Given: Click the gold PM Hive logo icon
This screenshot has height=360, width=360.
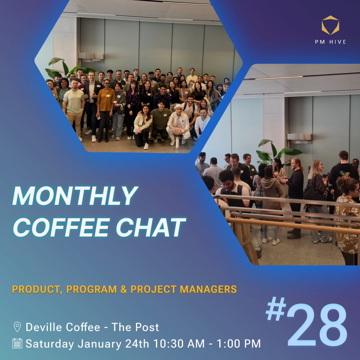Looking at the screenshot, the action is point(330,25).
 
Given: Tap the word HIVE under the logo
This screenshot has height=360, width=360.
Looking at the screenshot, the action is point(338,42).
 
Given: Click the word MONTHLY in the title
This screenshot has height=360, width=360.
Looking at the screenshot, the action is point(75,196).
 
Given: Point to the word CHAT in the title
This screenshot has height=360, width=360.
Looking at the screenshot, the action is point(151,227).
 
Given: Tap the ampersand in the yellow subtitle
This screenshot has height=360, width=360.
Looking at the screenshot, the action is point(123,289).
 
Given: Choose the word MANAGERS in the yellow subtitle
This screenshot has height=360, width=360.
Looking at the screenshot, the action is point(208,289).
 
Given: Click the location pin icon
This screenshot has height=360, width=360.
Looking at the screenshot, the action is point(17,327).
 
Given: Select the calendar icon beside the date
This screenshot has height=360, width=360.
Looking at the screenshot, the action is point(17,343).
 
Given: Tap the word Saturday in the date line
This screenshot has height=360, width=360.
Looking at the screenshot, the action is point(50,344).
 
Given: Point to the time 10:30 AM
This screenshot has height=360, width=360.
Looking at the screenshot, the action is point(179,344).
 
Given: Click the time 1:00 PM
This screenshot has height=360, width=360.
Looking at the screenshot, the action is point(239,344).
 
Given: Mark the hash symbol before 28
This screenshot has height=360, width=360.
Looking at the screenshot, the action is point(276,309).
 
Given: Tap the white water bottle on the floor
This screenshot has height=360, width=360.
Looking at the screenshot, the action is point(177,143).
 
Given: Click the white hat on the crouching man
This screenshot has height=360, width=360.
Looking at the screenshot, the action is point(179,107).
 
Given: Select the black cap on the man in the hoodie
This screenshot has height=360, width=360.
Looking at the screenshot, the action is point(343,154).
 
